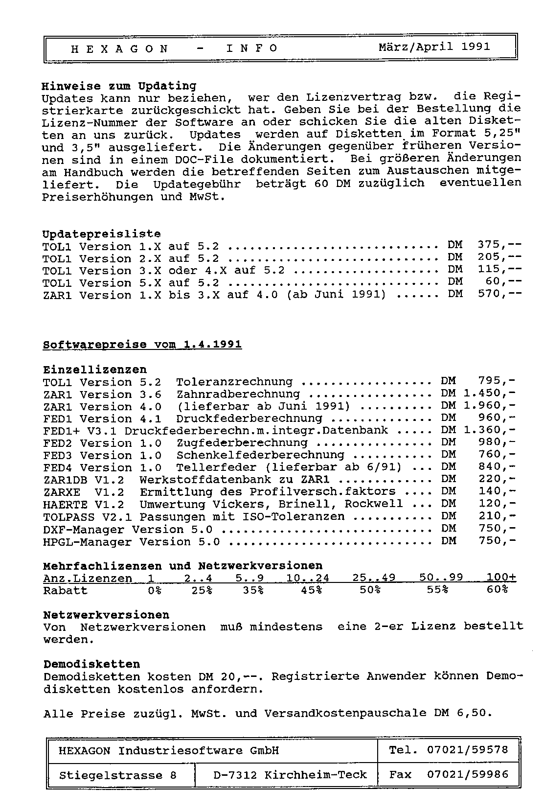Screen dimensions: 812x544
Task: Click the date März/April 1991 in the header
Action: pyautogui.click(x=434, y=47)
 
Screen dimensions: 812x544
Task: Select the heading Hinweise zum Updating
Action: pyautogui.click(x=119, y=86)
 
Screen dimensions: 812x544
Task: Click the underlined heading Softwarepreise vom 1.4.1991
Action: pyautogui.click(x=142, y=345)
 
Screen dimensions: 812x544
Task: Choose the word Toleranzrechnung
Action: pyautogui.click(x=234, y=382)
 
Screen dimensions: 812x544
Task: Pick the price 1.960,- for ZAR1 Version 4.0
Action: pyautogui.click(x=489, y=406)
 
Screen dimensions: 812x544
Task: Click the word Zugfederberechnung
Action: pyautogui.click(x=242, y=443)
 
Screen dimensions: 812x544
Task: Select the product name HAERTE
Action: pyautogui.click(x=66, y=504)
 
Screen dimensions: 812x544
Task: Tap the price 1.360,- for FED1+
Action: pyautogui.click(x=489, y=430)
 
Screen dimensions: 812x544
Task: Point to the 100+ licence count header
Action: pyautogui.click(x=501, y=578)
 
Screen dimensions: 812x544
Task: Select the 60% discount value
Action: pyautogui.click(x=497, y=590)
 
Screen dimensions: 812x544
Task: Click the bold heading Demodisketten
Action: pyautogui.click(x=92, y=664)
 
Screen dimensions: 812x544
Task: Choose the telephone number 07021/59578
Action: pyautogui.click(x=467, y=749)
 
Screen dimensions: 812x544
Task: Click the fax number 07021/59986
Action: pyautogui.click(x=467, y=774)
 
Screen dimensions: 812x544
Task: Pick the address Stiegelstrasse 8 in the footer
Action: pyautogui.click(x=118, y=775)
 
